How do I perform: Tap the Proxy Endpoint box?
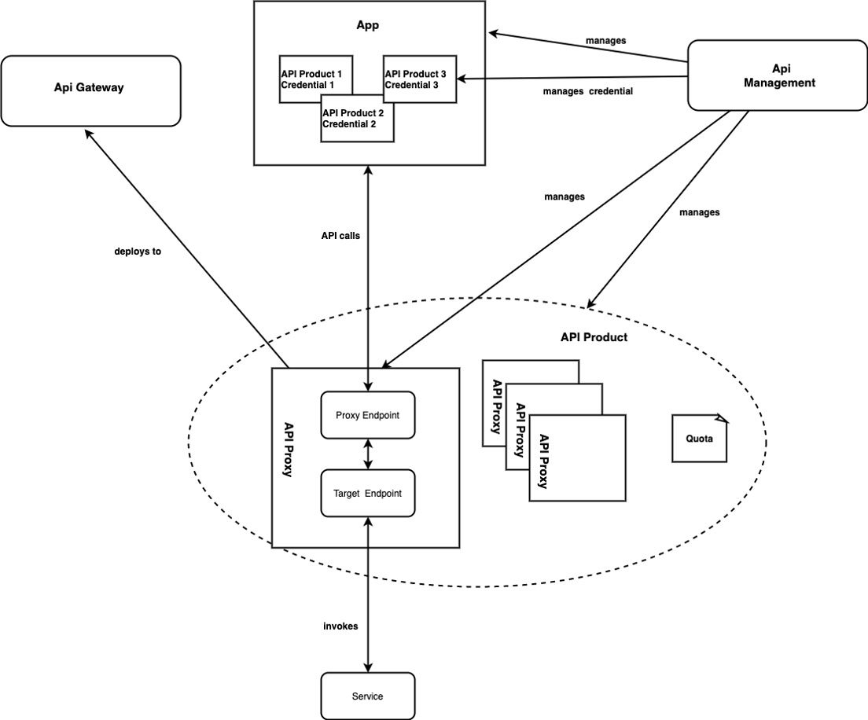368,415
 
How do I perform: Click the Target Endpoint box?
368,494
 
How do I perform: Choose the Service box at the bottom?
367,696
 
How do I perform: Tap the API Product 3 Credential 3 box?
420,79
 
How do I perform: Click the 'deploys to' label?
138,252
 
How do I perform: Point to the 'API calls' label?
340,235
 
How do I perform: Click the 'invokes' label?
340,626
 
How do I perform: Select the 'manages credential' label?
587,91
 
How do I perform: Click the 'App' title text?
368,26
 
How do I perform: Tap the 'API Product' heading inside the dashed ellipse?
594,337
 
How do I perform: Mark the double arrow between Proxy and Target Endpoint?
368,454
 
